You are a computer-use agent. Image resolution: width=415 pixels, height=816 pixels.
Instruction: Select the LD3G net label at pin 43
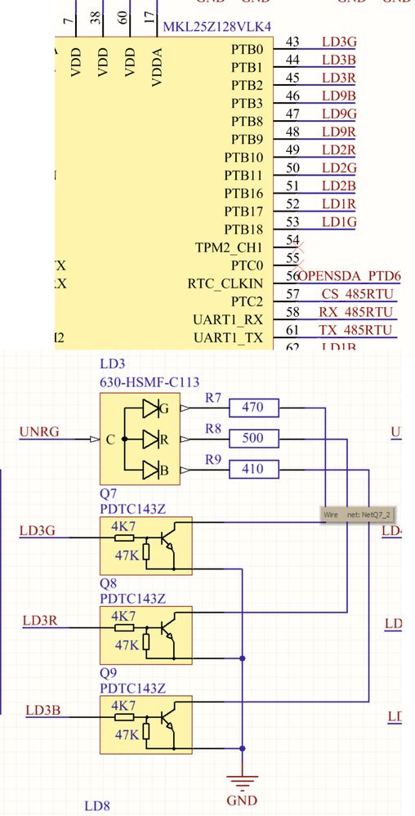[338, 42]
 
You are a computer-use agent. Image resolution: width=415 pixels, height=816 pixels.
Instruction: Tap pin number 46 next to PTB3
[292, 96]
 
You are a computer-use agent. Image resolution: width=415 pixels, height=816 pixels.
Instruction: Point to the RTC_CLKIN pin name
[225, 283]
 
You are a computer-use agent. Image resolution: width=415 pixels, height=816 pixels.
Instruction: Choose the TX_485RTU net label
[355, 330]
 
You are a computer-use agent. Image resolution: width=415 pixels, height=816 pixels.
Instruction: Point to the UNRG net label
[38, 432]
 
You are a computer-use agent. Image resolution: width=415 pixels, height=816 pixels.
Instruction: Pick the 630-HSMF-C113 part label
[149, 381]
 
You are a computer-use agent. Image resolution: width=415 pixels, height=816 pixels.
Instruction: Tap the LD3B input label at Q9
[42, 708]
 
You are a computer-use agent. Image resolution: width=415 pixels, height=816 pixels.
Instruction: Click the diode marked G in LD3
[152, 407]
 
